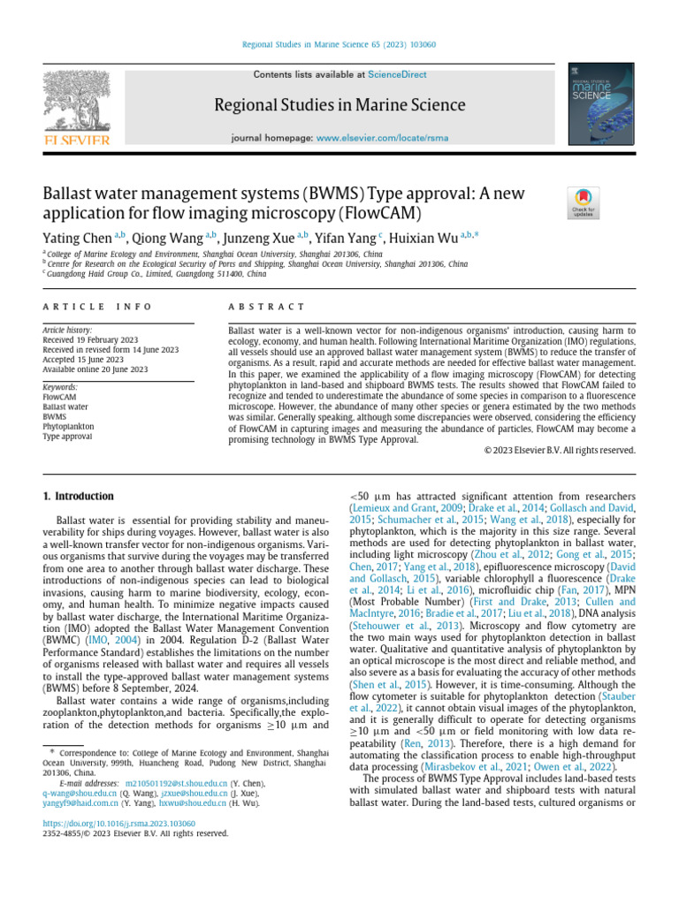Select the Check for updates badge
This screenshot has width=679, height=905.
point(584,202)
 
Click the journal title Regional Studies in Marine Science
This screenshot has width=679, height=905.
point(339,106)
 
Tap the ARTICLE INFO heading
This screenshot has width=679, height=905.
point(98,307)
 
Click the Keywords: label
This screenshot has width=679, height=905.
point(60,387)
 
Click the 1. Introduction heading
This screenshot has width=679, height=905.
point(79,497)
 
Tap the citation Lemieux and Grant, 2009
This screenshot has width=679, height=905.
point(395,509)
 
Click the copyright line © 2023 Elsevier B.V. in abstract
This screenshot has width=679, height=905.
point(561,450)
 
